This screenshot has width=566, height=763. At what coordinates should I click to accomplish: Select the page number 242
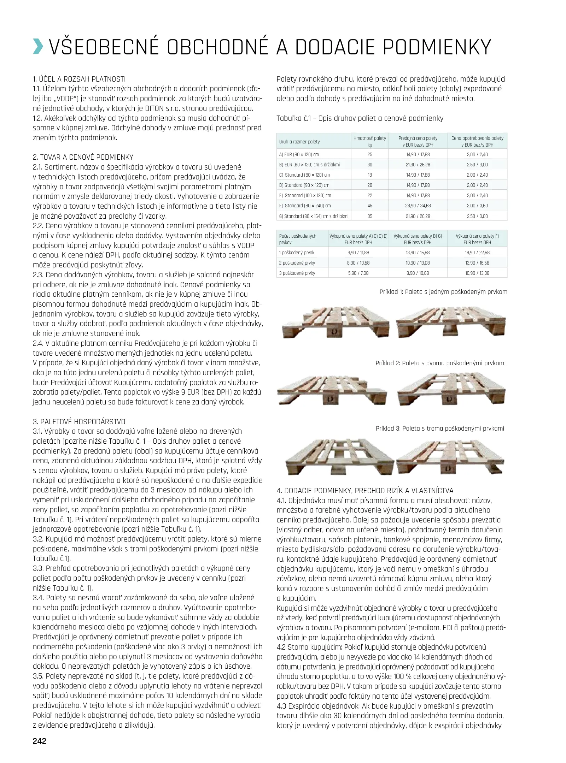[x=39, y=741]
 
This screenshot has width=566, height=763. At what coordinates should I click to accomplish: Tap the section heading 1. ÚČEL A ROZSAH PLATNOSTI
[x=79, y=79]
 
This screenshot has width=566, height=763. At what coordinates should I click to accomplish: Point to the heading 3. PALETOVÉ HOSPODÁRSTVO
[x=79, y=421]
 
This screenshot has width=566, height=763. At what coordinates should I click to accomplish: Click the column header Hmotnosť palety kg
[x=369, y=141]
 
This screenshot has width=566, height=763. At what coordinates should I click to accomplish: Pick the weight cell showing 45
[x=369, y=206]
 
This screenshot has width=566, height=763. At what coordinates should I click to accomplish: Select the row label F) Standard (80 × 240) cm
[x=305, y=206]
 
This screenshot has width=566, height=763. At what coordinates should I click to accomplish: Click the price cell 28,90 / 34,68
[x=418, y=206]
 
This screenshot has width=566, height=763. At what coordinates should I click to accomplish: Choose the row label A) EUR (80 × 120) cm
[x=299, y=154]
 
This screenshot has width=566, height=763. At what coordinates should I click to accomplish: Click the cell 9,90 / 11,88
[x=358, y=253]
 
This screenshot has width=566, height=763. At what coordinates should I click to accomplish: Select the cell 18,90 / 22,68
[x=477, y=253]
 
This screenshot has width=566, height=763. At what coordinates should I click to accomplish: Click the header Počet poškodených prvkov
[x=298, y=239]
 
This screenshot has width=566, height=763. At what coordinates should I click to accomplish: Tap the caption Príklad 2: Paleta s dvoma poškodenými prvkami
[x=440, y=363]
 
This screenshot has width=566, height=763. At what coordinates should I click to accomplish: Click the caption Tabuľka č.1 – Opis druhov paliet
[x=360, y=118]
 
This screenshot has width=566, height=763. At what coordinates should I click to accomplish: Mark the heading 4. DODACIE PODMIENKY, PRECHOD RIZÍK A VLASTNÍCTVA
[x=365, y=490]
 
